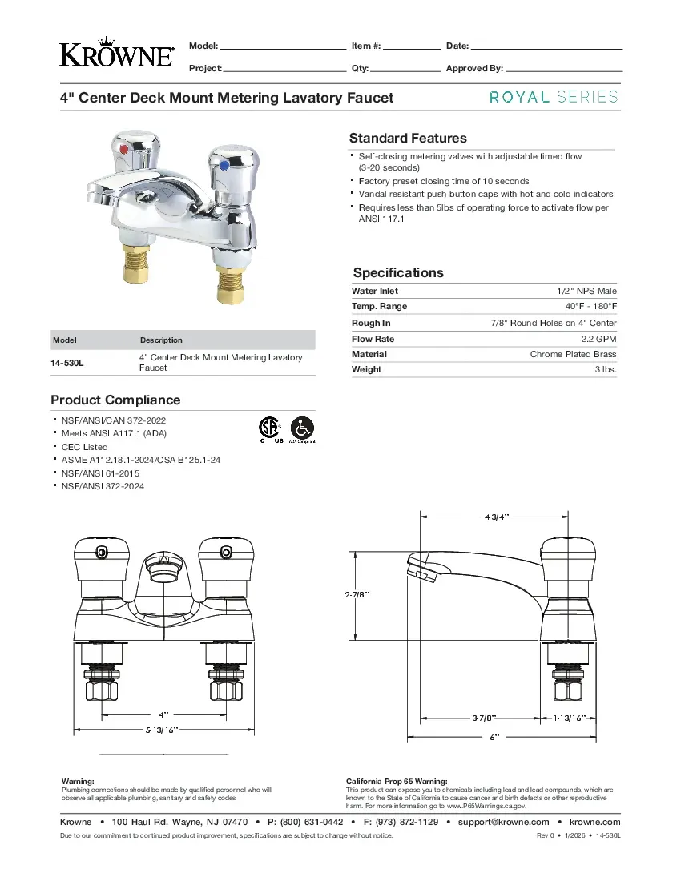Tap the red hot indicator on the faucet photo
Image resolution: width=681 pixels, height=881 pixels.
coord(122,149)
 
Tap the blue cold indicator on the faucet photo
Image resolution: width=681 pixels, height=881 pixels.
coord(225,164)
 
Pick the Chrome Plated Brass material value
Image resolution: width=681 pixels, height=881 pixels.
coord(573,354)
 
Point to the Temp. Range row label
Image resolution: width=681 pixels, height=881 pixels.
coord(379,306)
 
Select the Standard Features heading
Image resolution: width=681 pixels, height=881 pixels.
coord(408,138)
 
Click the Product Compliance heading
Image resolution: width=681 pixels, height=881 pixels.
coord(115,400)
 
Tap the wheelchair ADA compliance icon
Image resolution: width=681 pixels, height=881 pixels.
coord(302,428)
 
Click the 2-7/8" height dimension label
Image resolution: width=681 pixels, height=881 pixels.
coord(357,594)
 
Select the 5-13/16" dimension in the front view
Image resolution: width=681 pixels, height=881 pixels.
coord(162,730)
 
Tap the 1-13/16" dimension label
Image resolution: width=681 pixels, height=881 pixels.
coord(570,718)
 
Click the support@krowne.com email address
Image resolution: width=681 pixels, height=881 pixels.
coord(503,822)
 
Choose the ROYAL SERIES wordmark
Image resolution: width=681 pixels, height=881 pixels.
coord(554,97)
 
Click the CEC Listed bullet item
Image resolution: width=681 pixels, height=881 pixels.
coord(84,447)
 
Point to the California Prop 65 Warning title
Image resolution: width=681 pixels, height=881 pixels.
coord(397,781)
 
